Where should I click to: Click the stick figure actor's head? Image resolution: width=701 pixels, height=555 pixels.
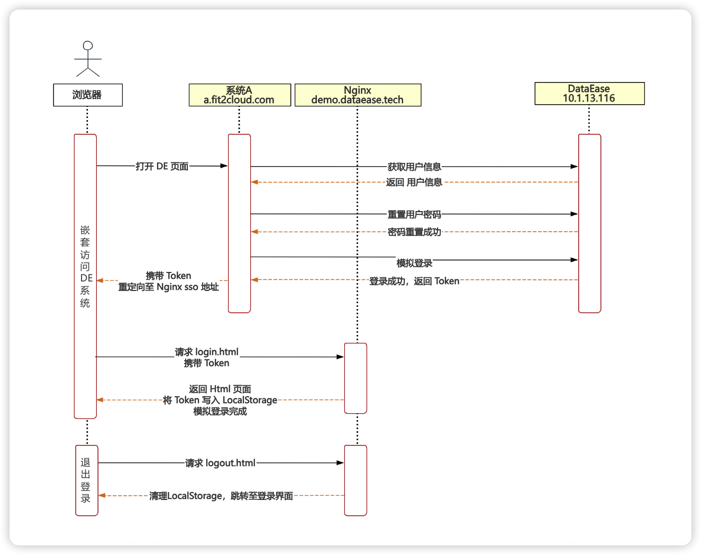[x=88, y=46]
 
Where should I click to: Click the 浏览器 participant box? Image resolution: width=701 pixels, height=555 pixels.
[x=88, y=95]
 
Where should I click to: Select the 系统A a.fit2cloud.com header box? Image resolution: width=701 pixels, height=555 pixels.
[x=240, y=95]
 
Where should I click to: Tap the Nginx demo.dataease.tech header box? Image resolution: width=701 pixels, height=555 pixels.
[x=358, y=95]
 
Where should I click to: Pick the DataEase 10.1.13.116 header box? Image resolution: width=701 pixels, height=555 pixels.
[x=589, y=93]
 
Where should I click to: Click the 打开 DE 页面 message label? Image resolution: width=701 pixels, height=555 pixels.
[x=162, y=166]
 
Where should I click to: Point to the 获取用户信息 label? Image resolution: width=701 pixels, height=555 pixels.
[x=414, y=167]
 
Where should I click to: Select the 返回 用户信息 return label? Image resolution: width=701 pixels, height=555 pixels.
[x=414, y=182]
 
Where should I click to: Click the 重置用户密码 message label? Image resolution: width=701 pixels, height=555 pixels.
[x=414, y=214]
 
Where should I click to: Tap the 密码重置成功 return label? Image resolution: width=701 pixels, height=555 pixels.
[x=414, y=232]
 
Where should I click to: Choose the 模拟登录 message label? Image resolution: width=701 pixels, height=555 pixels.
[x=414, y=263]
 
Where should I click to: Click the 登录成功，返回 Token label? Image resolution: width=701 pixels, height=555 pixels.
[x=414, y=281]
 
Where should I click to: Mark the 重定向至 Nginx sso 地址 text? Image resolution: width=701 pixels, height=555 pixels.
[x=168, y=287]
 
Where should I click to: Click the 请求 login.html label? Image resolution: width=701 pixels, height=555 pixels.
[x=207, y=352]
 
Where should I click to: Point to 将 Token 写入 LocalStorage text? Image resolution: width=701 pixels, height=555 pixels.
[x=220, y=400]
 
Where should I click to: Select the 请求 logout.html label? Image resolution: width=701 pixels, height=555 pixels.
[x=220, y=463]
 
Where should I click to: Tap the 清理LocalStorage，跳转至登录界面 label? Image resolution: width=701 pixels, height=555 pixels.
[x=221, y=496]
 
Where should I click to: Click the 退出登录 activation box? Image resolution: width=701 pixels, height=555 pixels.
[x=87, y=480]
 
